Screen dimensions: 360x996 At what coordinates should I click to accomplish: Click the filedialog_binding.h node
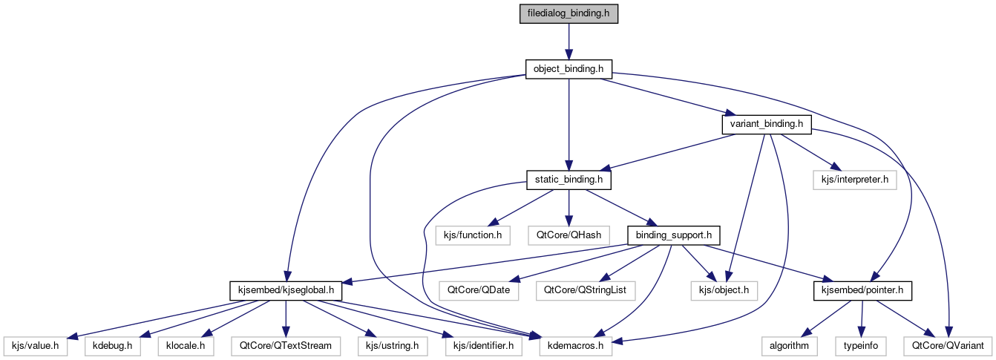[569, 14]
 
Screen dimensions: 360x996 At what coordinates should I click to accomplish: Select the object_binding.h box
[569, 69]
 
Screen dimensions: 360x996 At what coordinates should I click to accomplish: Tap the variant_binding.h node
[767, 124]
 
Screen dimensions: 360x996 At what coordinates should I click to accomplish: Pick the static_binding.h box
[569, 180]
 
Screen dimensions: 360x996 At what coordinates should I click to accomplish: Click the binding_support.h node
[674, 235]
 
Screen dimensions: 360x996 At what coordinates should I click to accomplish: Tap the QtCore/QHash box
[569, 235]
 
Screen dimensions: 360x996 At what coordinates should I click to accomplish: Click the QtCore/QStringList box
[585, 290]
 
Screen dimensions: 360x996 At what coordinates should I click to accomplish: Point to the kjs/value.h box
[36, 346]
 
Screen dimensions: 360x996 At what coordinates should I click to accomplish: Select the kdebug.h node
[112, 346]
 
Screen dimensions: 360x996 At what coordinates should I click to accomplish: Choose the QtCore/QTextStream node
[286, 346]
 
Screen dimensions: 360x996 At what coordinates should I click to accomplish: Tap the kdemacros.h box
[569, 346]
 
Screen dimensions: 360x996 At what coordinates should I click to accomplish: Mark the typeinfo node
[862, 346]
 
